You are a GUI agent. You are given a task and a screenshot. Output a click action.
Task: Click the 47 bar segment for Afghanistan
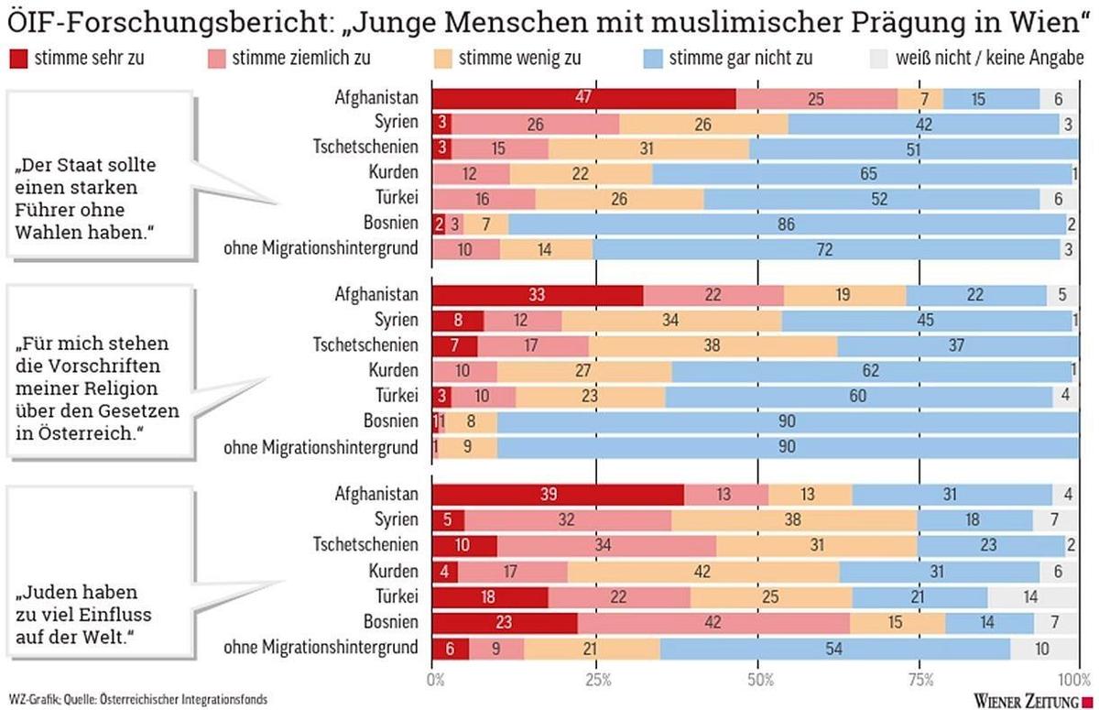pos(583,98)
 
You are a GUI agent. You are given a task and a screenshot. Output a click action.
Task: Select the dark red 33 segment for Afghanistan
pos(538,295)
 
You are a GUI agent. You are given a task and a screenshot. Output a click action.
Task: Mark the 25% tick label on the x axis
pos(596,680)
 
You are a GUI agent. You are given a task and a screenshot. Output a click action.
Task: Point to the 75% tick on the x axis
pos(921,680)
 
